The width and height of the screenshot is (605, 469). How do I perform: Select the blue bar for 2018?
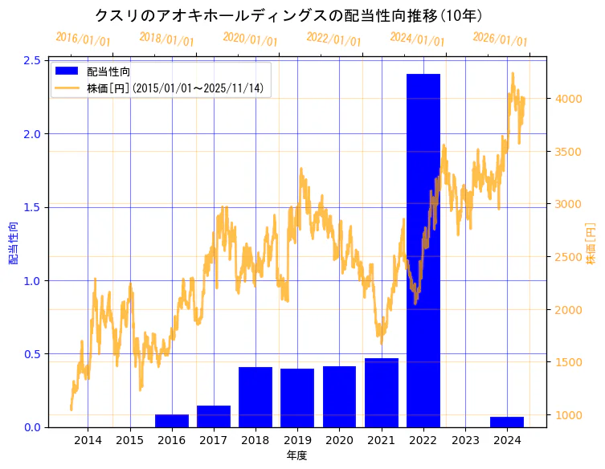pos(255,397)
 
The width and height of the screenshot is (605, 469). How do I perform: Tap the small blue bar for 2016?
pos(172,421)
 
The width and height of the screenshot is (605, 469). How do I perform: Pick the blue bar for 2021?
pos(381,393)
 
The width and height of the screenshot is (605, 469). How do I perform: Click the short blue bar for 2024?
pos(507,422)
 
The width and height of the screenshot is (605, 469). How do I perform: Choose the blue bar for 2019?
pos(297,398)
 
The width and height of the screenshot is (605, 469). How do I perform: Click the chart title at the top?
pos(288,15)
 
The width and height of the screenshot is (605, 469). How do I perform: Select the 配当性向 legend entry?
pos(108,71)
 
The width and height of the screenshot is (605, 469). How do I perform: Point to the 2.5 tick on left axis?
pos(33,60)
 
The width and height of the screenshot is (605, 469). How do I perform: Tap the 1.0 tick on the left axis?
pos(33,280)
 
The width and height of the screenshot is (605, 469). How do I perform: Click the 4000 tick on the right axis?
pos(567,99)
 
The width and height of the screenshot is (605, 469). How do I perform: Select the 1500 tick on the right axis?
pos(567,362)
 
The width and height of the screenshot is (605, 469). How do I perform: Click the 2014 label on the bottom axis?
pos(88,441)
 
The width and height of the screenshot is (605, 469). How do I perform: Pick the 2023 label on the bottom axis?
pos(465,441)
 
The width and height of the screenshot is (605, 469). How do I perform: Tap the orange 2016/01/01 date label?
pos(83,39)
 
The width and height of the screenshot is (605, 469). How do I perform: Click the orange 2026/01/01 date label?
pos(500,39)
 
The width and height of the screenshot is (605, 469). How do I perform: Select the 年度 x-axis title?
pos(296,455)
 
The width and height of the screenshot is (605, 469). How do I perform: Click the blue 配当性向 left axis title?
pos(13,243)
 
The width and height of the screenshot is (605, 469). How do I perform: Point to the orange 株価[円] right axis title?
pos(591,243)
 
